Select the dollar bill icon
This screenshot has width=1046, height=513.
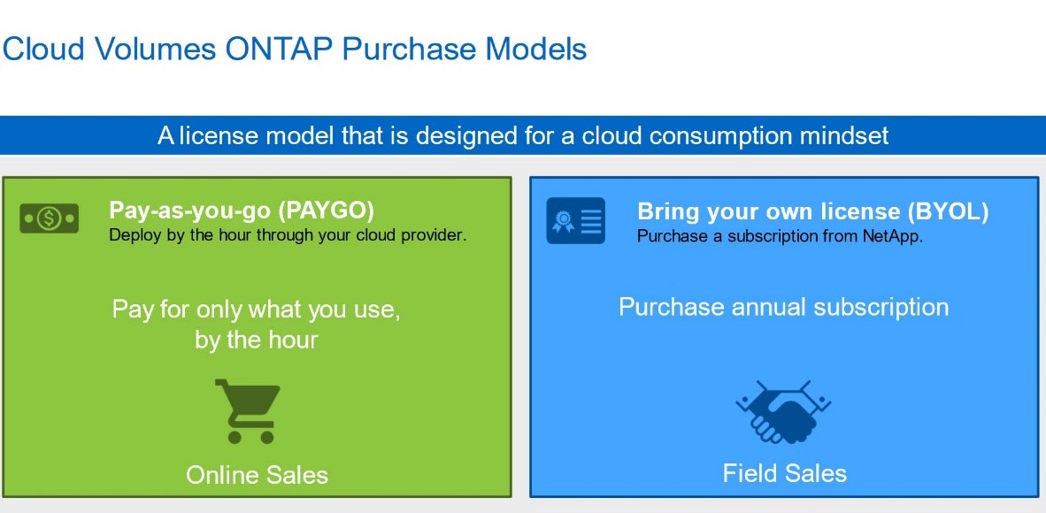[50, 218]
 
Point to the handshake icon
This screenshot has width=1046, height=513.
[783, 411]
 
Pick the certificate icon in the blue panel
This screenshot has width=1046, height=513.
[576, 220]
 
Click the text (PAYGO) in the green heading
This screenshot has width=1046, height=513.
[327, 211]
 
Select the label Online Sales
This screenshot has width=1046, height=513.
[257, 475]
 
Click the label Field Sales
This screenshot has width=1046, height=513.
[784, 474]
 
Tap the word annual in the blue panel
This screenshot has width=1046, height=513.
[760, 307]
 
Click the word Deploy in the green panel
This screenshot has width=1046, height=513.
[132, 235]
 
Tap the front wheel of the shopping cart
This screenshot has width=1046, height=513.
[267, 437]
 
